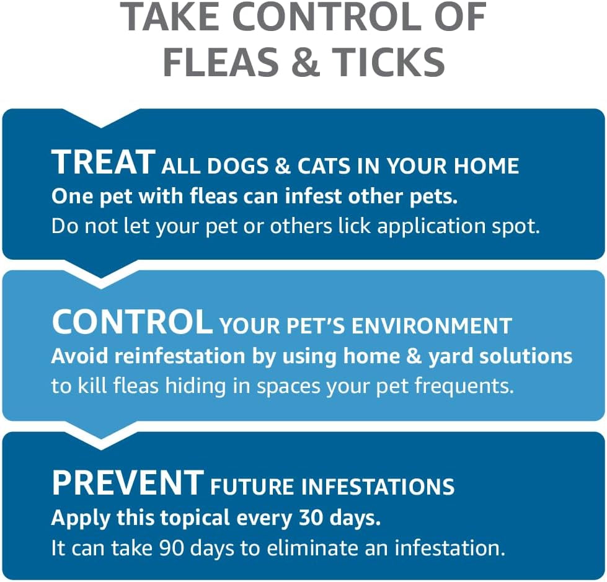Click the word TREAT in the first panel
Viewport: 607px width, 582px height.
[103, 162]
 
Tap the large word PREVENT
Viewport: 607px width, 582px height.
[128, 483]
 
